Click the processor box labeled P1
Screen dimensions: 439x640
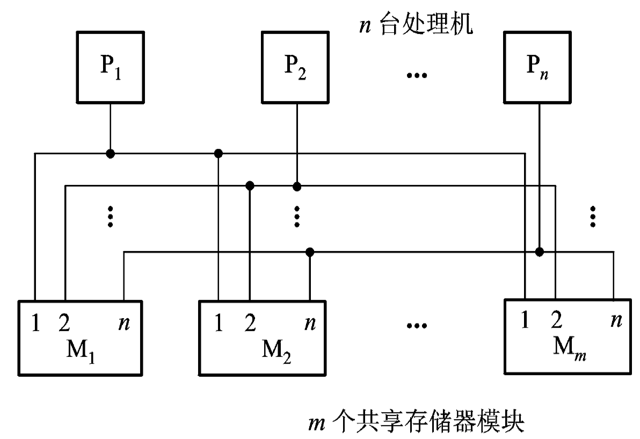click(110, 68)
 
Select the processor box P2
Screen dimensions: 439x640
click(295, 68)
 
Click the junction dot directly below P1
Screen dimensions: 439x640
click(110, 154)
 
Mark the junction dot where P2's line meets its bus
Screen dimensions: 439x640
click(296, 186)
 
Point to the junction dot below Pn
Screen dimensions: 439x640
click(539, 251)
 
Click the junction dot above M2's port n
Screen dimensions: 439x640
click(309, 251)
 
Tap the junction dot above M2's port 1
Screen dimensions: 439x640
click(219, 154)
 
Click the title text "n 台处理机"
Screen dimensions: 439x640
click(416, 25)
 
